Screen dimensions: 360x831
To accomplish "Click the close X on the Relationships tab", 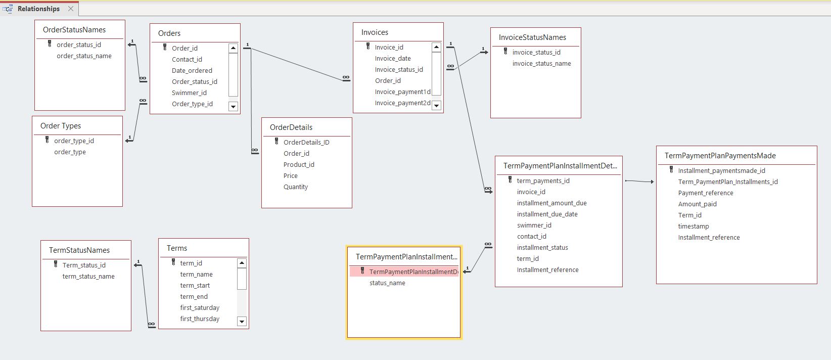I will coord(71,9).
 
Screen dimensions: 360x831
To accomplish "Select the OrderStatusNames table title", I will coord(74,30).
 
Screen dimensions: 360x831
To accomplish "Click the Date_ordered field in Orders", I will coord(192,71).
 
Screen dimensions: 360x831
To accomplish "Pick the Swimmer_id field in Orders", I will coord(189,93).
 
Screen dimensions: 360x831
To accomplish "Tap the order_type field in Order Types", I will coord(70,152).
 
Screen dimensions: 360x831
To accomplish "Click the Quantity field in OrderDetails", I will coord(295,187).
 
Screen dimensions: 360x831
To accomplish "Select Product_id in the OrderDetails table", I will coord(299,165).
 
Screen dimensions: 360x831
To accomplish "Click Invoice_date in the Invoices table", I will coord(392,59).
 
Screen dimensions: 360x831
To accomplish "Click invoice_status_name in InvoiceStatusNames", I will coord(541,64).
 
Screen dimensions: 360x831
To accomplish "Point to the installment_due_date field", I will coord(547,214).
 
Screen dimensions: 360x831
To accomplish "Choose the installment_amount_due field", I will coord(551,203).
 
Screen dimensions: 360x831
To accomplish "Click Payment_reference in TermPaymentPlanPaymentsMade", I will coord(705,193).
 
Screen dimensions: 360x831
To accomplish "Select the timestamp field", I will coord(693,227).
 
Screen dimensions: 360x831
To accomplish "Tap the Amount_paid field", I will coord(697,204).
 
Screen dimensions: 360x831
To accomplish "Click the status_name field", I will coord(387,283).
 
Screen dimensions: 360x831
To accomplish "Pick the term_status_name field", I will coord(88,277).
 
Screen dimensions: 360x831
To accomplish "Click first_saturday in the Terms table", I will coord(200,308).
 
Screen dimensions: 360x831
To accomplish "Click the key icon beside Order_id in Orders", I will coord(165,48).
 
